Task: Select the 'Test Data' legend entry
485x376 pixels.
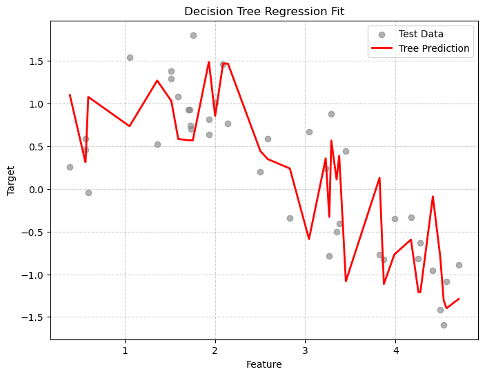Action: tap(421, 34)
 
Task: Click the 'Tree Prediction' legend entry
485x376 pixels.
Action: tap(434, 48)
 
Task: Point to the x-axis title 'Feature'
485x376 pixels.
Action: tap(264, 364)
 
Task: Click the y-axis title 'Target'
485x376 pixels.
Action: tap(11, 180)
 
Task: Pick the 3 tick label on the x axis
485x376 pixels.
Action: tap(306, 350)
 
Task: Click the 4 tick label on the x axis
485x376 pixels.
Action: tap(395, 350)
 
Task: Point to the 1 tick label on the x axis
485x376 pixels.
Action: tap(125, 350)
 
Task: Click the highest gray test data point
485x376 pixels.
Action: tap(193, 35)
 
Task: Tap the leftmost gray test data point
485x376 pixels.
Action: tap(70, 167)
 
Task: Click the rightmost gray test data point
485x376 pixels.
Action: tap(459, 265)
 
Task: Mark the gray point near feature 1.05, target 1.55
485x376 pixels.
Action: tap(130, 57)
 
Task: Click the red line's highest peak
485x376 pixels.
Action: tap(209, 62)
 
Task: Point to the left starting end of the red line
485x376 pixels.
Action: tap(70, 95)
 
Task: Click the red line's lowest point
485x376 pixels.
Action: tap(446, 308)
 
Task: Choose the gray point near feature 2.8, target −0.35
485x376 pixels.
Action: tap(290, 218)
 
